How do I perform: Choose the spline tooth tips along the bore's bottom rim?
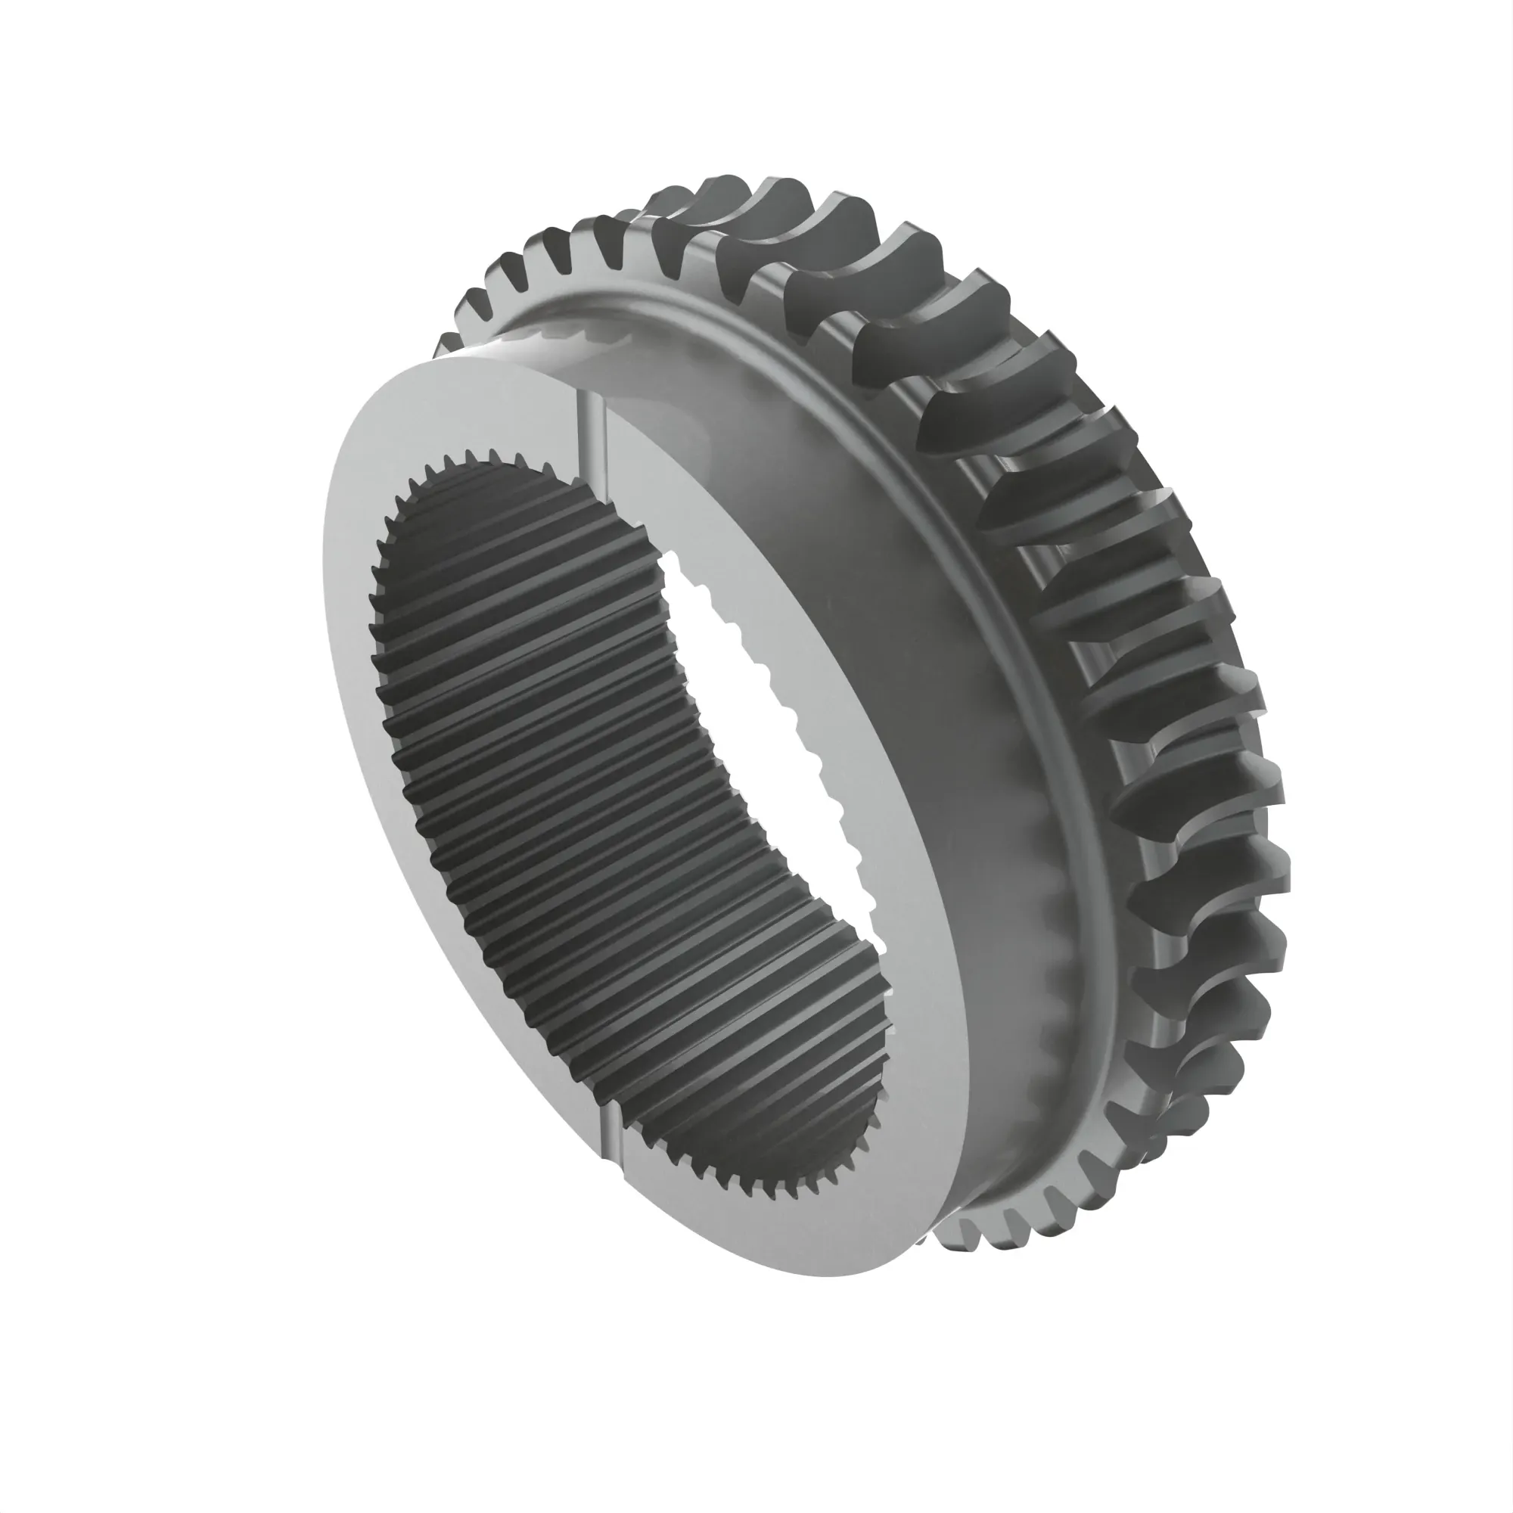click(744, 1190)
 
